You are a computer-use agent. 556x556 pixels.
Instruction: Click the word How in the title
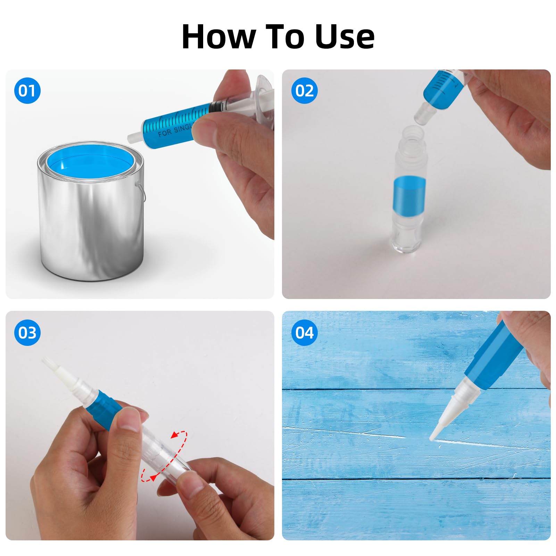pyautogui.click(x=219, y=36)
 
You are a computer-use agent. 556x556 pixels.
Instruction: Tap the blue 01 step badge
pyautogui.click(x=27, y=91)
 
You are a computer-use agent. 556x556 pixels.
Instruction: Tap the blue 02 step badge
pyautogui.click(x=304, y=91)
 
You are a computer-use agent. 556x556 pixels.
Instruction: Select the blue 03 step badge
pyautogui.click(x=27, y=333)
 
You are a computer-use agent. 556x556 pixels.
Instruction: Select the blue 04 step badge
pyautogui.click(x=304, y=333)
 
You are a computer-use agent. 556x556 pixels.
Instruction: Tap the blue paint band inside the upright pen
pyautogui.click(x=409, y=193)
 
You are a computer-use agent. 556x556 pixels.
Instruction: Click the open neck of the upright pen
pyautogui.click(x=413, y=134)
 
